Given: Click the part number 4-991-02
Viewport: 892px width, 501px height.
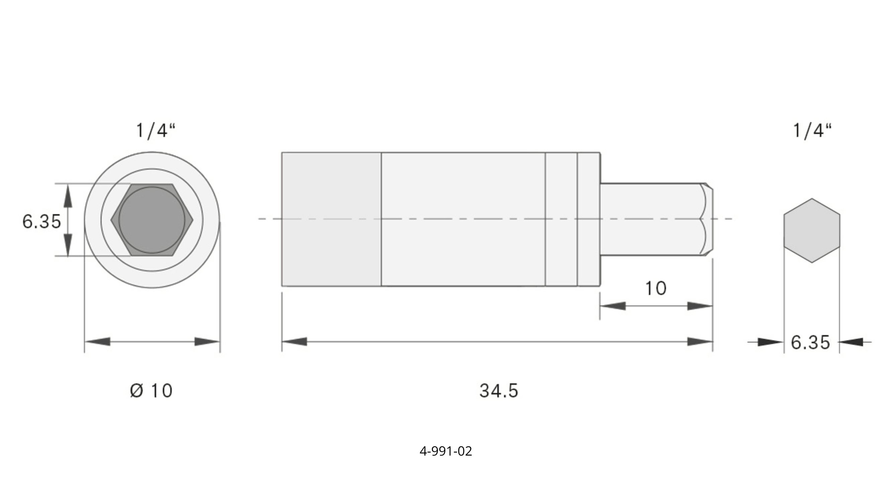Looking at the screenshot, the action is (446, 451).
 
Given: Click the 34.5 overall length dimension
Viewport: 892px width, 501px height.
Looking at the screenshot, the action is (499, 391).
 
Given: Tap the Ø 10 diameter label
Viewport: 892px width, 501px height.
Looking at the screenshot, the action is (151, 391).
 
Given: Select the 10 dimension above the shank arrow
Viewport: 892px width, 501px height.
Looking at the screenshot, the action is (656, 288).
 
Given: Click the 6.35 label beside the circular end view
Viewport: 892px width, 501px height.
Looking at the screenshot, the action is (41, 221).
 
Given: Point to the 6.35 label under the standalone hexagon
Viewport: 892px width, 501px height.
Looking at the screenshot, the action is (810, 342).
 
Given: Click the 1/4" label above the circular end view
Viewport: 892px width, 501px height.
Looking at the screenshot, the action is (156, 131).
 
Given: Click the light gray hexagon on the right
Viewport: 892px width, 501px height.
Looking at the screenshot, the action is (812, 230).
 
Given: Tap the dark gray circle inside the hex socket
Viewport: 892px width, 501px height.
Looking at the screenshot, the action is (152, 220).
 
